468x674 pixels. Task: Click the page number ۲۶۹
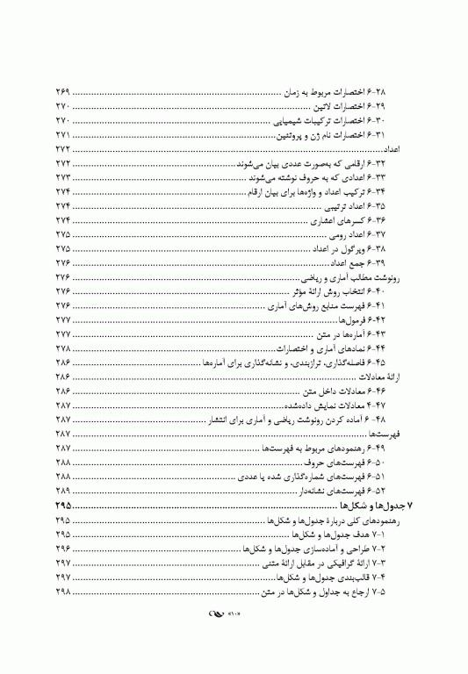63,92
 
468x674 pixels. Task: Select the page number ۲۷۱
63,135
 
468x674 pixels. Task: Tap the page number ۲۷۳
63,178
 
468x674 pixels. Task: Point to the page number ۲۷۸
63,349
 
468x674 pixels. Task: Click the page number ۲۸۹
63,491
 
